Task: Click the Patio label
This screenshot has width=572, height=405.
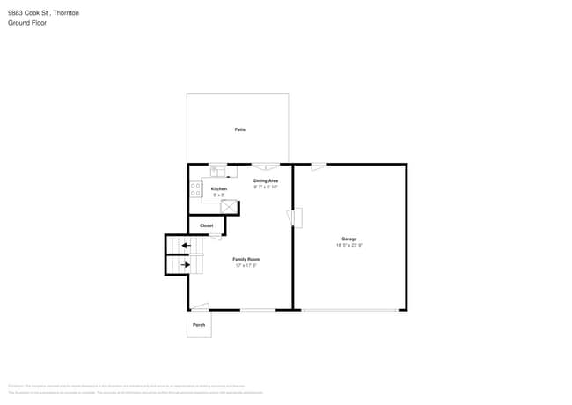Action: coord(239,129)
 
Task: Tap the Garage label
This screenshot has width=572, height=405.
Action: coord(349,239)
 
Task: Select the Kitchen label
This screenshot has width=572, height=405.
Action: coord(219,189)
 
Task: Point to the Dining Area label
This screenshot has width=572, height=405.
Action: coord(266,181)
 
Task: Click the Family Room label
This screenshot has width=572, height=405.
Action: coord(246,259)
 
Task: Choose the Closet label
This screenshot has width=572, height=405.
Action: coord(206,225)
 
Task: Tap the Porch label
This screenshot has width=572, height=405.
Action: coord(199,325)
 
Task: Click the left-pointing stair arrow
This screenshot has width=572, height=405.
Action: coord(185,246)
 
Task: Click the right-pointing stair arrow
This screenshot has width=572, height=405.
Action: coord(185,263)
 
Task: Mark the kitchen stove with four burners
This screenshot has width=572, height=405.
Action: coord(195,188)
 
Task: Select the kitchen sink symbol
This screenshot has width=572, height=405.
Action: coord(217,172)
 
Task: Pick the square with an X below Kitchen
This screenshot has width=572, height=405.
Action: coord(229,207)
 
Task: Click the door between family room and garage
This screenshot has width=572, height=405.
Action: coord(297,217)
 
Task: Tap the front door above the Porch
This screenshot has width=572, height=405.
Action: coord(201,306)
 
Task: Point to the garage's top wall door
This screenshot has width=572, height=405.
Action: coord(319,166)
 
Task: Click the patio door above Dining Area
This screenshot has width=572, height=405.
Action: coord(266,165)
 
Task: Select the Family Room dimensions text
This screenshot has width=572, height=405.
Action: coord(246,265)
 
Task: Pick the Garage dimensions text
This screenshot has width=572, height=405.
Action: coord(349,246)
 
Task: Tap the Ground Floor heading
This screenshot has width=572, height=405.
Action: coord(27,23)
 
